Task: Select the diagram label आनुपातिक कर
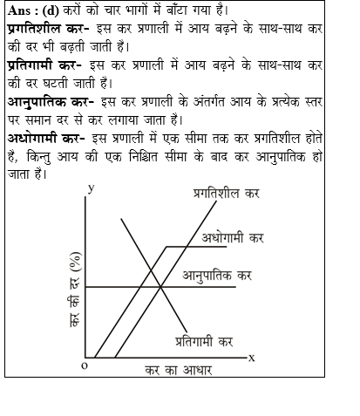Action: [x=217, y=276]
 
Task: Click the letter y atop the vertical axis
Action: [x=91, y=188]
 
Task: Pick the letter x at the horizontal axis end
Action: [x=251, y=357]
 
